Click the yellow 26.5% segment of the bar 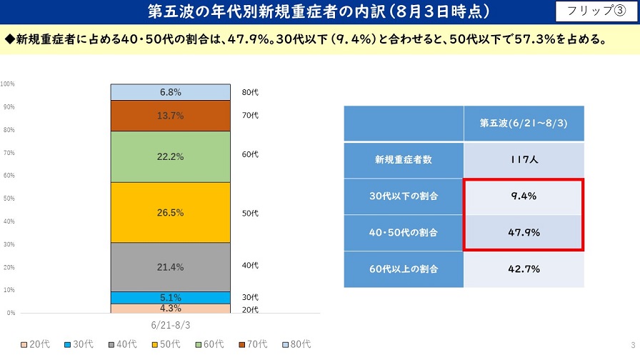tap(170, 213)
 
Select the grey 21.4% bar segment tap(170, 267)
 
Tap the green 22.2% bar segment tap(170, 157)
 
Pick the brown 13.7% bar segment tap(170, 116)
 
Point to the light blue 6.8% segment tap(170, 92)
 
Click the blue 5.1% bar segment tap(170, 298)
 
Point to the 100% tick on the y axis tap(8, 84)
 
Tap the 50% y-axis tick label tap(8, 199)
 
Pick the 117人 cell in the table tap(524, 160)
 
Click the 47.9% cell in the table tap(524, 232)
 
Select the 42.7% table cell tap(524, 269)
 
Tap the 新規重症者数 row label tap(404, 160)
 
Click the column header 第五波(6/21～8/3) tap(524, 123)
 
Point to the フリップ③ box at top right tap(594, 11)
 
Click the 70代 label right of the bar tap(250, 116)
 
